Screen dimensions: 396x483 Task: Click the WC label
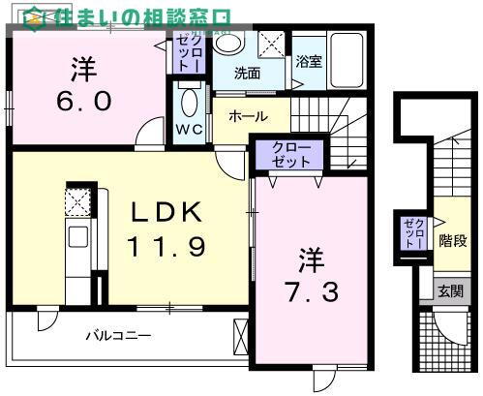click(x=189, y=130)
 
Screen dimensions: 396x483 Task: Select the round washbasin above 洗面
click(x=229, y=44)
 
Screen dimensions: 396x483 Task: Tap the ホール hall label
click(x=248, y=116)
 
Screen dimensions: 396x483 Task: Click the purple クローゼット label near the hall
click(x=291, y=155)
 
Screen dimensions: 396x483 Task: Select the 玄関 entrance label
click(x=450, y=291)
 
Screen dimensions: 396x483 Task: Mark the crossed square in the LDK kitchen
click(x=77, y=200)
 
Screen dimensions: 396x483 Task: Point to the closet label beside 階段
click(x=414, y=235)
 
